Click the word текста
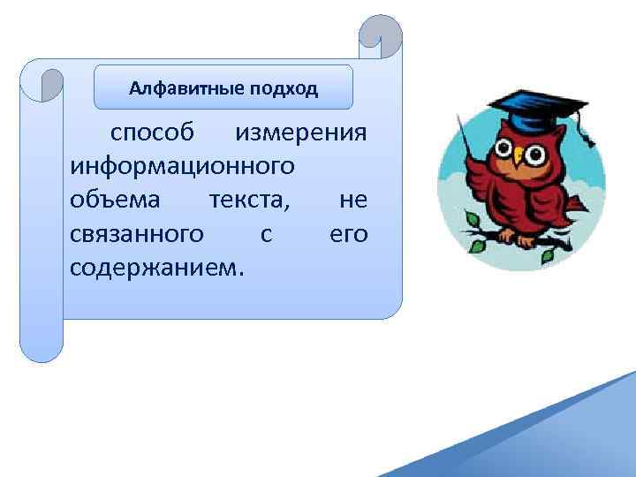248,200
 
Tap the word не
353,200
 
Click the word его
348,233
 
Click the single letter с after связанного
266,233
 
